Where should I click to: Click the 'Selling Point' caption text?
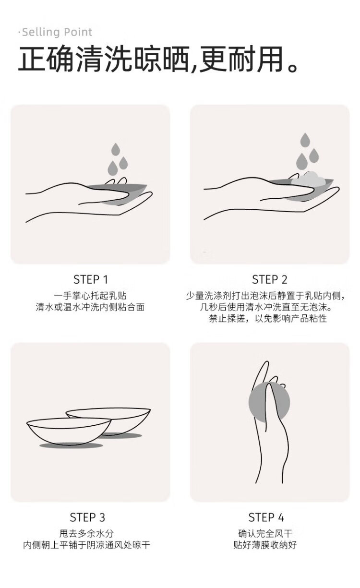tap(57, 32)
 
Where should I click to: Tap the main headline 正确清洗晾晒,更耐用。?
tap(158, 60)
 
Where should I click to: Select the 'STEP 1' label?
tap(91, 279)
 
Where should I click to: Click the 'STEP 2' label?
tap(269, 279)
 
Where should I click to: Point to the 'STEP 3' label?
tap(87, 517)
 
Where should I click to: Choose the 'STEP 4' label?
tap(266, 517)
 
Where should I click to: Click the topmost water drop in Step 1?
tap(116, 149)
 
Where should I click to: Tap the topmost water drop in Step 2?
tap(305, 140)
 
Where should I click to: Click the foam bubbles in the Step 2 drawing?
tap(309, 180)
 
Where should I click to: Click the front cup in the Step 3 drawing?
tap(69, 431)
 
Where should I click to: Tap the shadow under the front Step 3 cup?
tap(71, 445)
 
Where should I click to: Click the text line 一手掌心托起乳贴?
tap(90, 296)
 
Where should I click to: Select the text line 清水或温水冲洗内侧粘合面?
tap(90, 307)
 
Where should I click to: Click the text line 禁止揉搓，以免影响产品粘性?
tap(268, 318)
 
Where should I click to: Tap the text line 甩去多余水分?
tap(87, 533)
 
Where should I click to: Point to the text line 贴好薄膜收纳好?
tap(265, 545)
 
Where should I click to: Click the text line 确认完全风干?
tap(265, 533)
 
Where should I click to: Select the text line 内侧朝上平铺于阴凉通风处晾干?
tap(87, 545)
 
